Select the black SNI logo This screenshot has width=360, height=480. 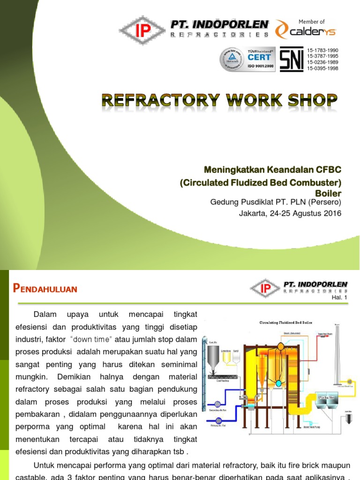point(291,60)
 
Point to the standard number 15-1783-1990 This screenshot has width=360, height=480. point(322,50)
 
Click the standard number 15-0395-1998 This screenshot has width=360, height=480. point(322,68)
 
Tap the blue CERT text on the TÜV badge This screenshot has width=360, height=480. point(259,57)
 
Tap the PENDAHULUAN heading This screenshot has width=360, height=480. point(45,289)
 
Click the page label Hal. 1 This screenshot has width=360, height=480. point(339,297)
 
